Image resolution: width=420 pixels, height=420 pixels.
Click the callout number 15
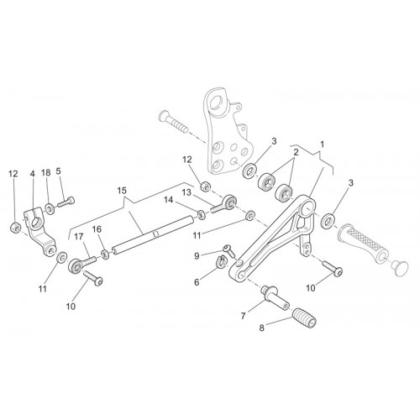122,191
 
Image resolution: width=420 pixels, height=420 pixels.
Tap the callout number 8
262,328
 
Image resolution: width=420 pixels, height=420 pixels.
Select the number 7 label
243,316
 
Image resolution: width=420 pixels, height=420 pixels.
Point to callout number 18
46,173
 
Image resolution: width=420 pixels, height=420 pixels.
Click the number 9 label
197,256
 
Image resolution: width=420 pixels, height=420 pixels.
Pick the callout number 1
322,144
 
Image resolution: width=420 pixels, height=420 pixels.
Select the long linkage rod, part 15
153,235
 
